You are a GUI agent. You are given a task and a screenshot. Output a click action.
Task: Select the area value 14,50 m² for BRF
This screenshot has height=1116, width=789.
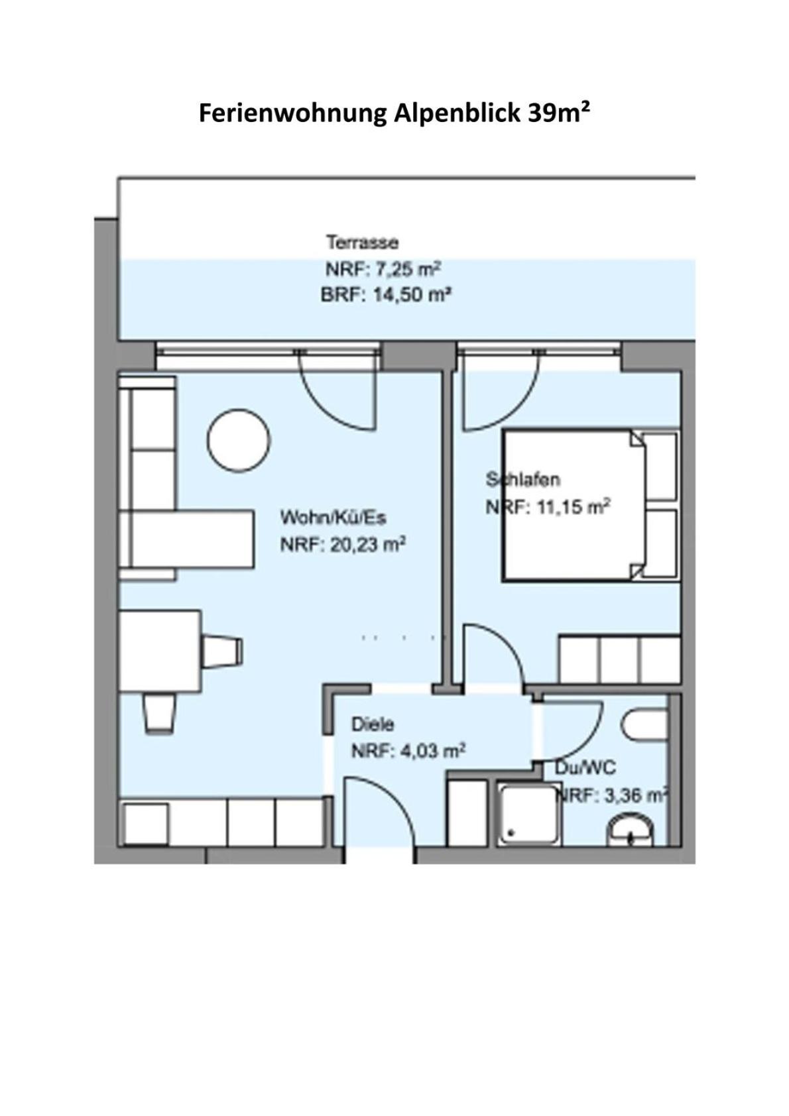412,295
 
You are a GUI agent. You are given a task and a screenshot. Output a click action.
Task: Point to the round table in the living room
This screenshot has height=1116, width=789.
239,441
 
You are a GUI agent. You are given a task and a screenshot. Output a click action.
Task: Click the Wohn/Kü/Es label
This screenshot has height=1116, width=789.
333,518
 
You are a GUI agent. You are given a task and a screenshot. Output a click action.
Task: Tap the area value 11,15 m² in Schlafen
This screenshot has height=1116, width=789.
573,507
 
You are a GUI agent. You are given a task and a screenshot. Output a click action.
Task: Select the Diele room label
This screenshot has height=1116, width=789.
373,724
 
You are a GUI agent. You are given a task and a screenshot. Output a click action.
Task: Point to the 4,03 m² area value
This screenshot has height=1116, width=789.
433,751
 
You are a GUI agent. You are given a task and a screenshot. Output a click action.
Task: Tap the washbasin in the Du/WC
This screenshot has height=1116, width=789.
630,830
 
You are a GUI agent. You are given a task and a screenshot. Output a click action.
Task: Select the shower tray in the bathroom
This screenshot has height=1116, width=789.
529,814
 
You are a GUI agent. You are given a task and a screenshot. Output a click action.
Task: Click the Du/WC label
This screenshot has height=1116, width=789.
585,768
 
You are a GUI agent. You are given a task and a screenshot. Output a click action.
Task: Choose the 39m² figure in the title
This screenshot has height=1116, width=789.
559,113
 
